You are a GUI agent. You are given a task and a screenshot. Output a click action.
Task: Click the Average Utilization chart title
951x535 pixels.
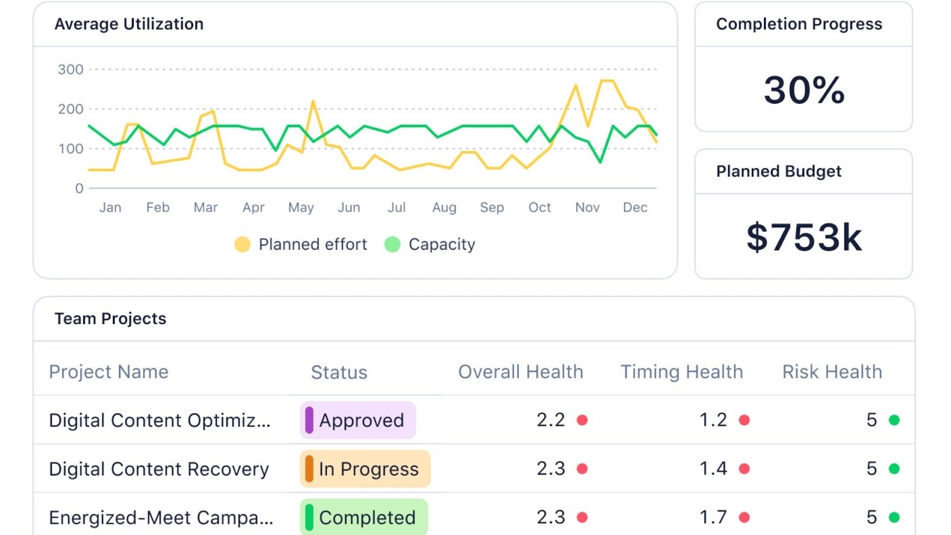[129, 24]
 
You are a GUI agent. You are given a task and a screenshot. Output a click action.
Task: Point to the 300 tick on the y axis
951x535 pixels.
[71, 70]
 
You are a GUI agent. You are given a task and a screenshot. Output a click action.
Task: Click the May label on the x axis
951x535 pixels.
[301, 207]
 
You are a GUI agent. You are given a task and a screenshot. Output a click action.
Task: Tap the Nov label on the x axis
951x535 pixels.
[587, 207]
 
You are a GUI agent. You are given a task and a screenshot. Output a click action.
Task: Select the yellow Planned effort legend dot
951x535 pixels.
[243, 244]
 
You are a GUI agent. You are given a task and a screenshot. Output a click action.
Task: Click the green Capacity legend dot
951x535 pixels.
[392, 244]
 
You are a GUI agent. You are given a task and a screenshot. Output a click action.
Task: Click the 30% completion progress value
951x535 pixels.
[804, 90]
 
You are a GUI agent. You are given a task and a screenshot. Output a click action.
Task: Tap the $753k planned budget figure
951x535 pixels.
[804, 237]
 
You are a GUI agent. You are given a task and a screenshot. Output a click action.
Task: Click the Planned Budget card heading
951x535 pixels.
[779, 171]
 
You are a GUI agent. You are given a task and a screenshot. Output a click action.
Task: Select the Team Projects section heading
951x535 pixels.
[111, 319]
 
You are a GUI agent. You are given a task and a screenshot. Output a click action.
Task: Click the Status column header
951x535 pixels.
[339, 372]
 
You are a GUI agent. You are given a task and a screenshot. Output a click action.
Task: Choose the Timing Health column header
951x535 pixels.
[682, 372]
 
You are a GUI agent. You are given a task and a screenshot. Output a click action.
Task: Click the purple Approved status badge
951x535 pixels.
[358, 420]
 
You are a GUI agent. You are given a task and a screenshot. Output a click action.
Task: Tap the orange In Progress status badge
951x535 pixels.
[365, 469]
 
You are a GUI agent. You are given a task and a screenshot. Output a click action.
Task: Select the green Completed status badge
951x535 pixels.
[364, 517]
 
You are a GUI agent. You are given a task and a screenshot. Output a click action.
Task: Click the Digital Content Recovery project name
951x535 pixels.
[159, 469]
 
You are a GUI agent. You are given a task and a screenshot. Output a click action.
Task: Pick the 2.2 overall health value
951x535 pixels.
[550, 420]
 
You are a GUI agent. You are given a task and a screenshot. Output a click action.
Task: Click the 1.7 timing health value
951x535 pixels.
[713, 517]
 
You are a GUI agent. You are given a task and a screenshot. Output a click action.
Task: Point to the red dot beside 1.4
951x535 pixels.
[744, 469]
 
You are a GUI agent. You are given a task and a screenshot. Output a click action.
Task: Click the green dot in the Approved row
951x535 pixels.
[894, 420]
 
